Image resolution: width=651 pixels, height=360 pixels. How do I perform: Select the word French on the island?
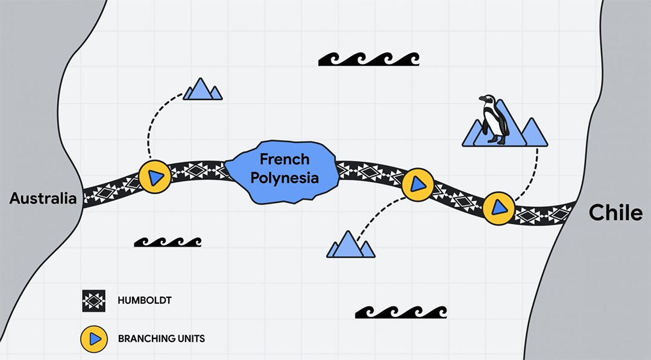tap(284, 159)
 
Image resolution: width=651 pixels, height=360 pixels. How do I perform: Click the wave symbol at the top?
tap(368, 59)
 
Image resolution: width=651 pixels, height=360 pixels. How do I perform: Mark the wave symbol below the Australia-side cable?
tap(168, 242)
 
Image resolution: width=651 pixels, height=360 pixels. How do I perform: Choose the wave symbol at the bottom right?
tap(401, 312)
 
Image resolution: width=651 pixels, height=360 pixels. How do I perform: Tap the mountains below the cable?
tap(350, 245)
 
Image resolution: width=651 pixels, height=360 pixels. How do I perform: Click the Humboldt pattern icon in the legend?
tap(94, 300)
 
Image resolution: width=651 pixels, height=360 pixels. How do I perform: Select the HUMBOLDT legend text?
tap(141, 300)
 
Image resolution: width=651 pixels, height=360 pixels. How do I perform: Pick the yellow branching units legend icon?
tap(94, 338)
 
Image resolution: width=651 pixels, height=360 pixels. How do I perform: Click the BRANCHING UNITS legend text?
tap(161, 338)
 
